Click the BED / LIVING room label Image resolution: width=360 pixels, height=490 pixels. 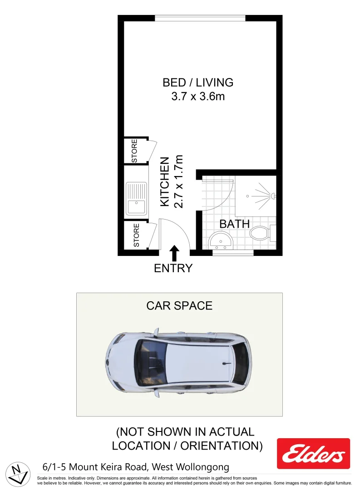(198, 83)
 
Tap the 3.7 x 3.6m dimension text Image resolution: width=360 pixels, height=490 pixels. (198, 96)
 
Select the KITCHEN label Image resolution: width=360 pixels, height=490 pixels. (165, 182)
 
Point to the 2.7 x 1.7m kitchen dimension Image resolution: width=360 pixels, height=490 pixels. (178, 181)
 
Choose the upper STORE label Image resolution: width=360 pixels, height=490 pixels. (134, 151)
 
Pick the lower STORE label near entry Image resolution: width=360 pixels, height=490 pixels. (136, 235)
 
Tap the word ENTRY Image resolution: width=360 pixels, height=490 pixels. (173, 268)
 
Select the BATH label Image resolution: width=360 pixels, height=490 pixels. (234, 224)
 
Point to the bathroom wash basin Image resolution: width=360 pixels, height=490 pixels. (221, 240)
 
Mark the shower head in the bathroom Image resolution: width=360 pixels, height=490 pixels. (272, 196)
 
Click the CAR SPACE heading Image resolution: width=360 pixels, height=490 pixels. (179, 306)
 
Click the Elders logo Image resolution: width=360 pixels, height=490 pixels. (313, 454)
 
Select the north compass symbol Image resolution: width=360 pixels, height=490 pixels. (17, 473)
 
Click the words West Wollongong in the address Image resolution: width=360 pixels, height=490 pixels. (190, 467)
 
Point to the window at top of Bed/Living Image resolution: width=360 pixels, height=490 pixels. (200, 18)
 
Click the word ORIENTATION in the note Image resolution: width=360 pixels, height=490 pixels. (221, 446)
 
